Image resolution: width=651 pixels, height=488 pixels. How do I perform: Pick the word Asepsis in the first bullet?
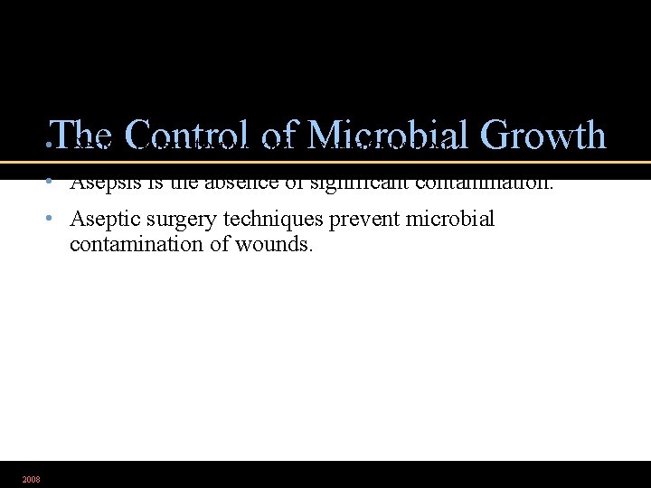pos(100,183)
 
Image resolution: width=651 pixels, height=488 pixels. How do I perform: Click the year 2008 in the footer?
pos(31,479)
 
